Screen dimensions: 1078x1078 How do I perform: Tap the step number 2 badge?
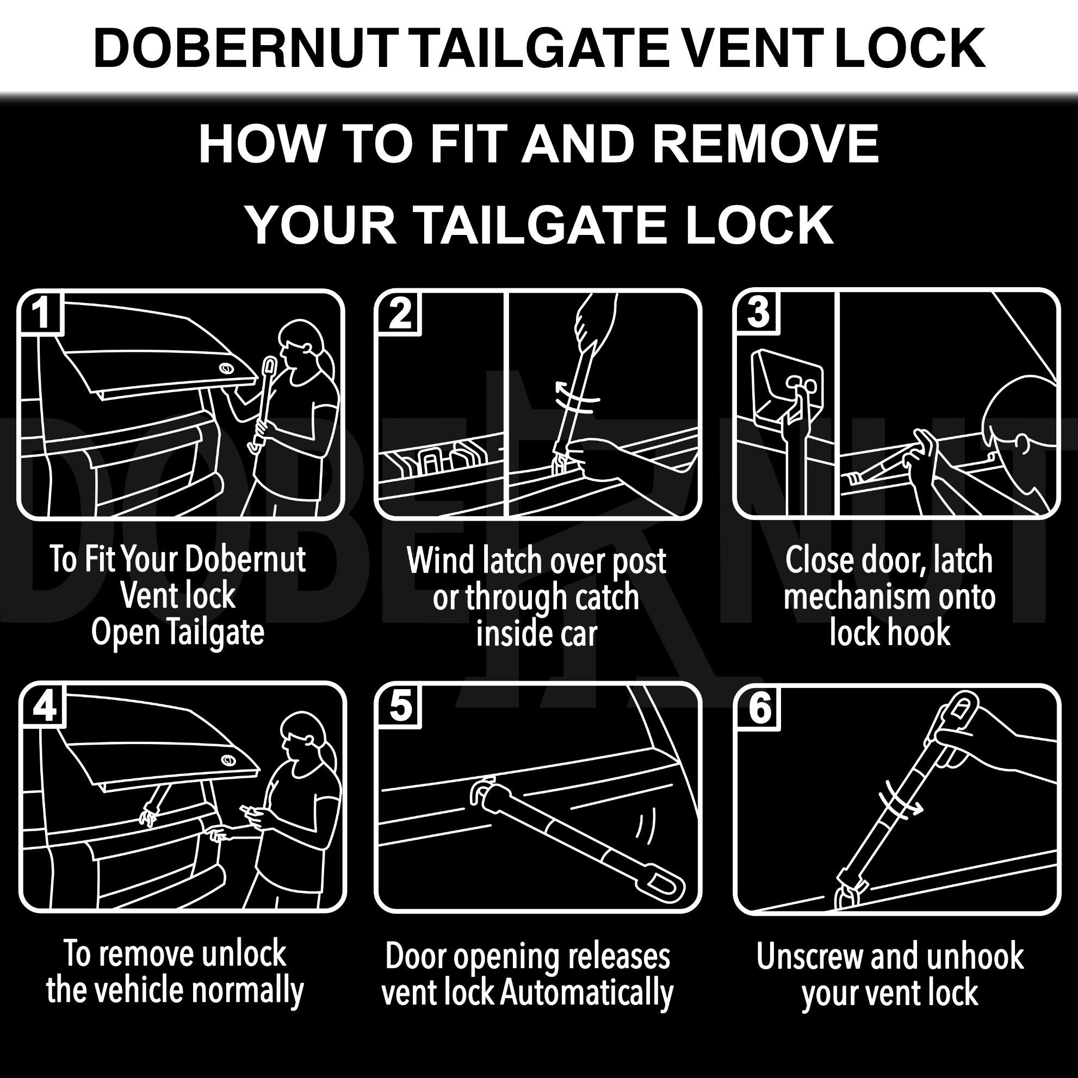(400, 314)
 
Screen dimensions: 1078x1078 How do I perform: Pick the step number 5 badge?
(400, 707)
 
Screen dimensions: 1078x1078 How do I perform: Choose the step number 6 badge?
(759, 709)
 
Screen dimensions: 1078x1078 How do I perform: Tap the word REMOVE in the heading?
(765, 144)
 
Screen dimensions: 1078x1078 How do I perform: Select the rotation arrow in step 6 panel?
(900, 803)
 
